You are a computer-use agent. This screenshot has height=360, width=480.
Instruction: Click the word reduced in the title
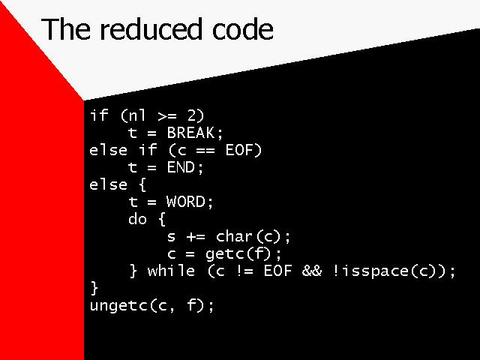pyautogui.click(x=151, y=29)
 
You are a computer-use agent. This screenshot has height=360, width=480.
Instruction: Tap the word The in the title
pyautogui.click(x=67, y=28)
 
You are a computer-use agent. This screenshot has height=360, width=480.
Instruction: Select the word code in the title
pyautogui.click(x=243, y=29)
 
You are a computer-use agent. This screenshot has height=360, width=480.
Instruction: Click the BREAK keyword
pyautogui.click(x=190, y=133)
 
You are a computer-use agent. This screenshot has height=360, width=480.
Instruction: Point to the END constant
pyautogui.click(x=181, y=167)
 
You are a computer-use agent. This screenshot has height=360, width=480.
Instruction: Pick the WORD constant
pyautogui.click(x=185, y=202)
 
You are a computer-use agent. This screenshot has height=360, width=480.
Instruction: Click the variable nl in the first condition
pyautogui.click(x=137, y=115)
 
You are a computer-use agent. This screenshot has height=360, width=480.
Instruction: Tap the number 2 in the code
pyautogui.click(x=191, y=115)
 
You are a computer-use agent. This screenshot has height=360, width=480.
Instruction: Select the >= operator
pyautogui.click(x=167, y=116)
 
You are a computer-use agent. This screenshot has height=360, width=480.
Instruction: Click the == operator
pyautogui.click(x=205, y=151)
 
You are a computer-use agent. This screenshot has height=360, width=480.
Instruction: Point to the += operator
pyautogui.click(x=196, y=237)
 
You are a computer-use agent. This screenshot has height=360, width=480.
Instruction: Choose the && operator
pyautogui.click(x=312, y=271)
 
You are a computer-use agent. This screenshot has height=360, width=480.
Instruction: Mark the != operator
pyautogui.click(x=244, y=271)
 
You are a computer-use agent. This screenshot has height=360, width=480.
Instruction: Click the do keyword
pyautogui.click(x=137, y=219)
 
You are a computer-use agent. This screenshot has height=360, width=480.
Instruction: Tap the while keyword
pyautogui.click(x=171, y=271)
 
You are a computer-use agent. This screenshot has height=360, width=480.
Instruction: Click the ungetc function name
pyautogui.click(x=118, y=305)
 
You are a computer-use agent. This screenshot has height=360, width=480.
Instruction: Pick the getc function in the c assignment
pyautogui.click(x=225, y=254)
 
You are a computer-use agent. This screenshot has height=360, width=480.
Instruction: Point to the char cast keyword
pyautogui.click(x=235, y=237)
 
